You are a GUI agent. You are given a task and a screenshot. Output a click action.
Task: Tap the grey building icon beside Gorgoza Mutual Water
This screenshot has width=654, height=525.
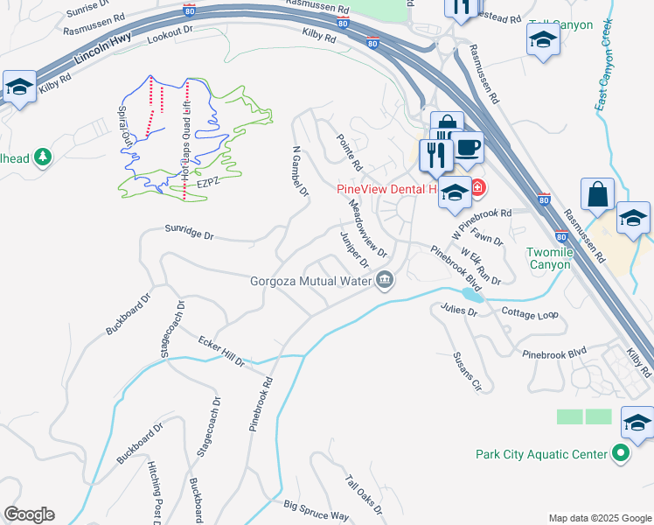tap(385, 281)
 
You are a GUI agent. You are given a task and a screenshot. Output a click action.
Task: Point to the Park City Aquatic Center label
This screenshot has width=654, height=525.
tap(541, 454)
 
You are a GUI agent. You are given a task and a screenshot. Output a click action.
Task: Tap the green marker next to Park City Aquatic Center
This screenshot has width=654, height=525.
tap(621, 453)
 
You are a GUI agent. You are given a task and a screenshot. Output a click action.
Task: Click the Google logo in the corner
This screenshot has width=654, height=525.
tap(29, 514)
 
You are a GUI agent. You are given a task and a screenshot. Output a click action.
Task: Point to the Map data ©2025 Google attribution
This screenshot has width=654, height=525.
tap(599, 518)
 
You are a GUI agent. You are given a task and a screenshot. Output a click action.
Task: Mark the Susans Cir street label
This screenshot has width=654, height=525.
tap(466, 371)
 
